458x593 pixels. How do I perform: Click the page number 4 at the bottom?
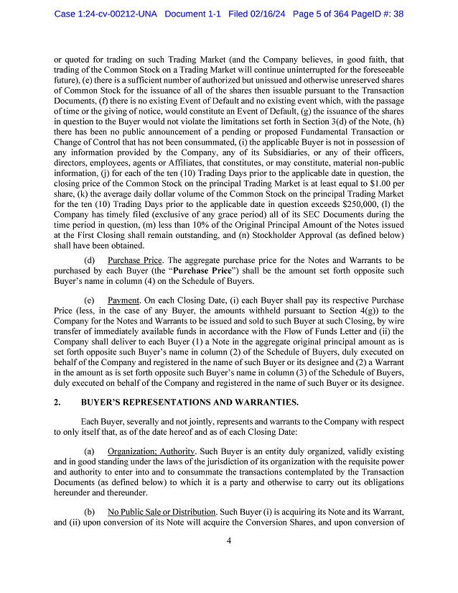pyautogui.click(x=228, y=561)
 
